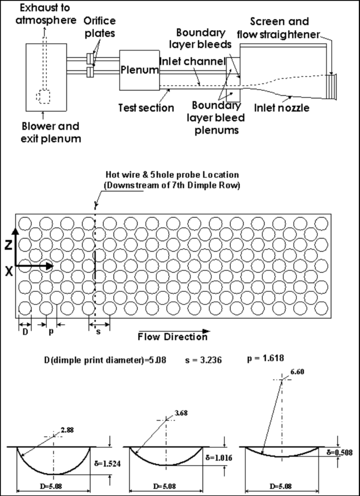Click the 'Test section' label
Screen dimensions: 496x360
146,107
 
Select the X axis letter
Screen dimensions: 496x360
9,271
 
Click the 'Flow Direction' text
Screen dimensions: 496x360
172,337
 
